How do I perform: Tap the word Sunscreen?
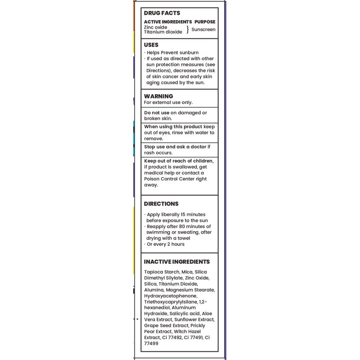(203, 29)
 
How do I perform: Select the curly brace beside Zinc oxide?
(187, 30)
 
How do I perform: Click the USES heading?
(151, 45)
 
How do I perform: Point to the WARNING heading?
(158, 96)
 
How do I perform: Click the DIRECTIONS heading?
(161, 204)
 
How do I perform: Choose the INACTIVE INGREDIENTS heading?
(177, 261)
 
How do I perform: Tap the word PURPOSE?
(205, 22)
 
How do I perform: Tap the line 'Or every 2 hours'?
(165, 244)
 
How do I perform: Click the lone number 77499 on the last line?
(152, 342)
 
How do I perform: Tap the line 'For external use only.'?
(168, 102)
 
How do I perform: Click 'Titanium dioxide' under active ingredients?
(163, 32)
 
